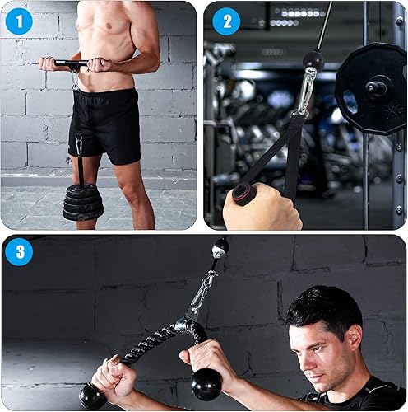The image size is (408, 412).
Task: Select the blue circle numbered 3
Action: point(18,251)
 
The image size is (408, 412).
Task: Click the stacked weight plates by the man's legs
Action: point(83,202)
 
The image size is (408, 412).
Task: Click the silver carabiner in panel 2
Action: point(307,90)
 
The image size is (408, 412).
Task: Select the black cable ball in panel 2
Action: point(312,59)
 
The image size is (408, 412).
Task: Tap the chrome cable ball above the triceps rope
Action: point(220,247)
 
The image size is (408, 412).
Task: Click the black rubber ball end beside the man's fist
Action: point(206,384)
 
